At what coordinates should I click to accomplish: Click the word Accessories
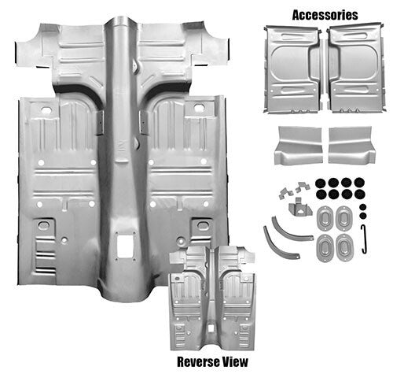(325, 14)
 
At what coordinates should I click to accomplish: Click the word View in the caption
(232, 361)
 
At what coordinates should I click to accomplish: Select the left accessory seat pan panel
(295, 68)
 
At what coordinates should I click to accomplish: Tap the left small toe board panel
(298, 145)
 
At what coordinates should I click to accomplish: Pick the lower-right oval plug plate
(343, 242)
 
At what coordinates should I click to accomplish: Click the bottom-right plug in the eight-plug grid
(358, 194)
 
